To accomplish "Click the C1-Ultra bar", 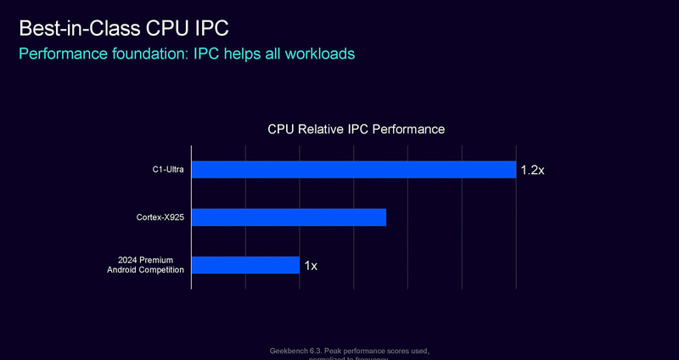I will (353, 170).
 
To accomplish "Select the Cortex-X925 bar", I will (289, 217).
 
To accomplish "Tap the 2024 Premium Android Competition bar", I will (245, 265).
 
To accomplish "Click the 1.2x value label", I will (531, 171).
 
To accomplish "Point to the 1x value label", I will (311, 266).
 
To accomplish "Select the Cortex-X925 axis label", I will (160, 217).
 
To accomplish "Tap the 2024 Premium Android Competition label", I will (151, 265).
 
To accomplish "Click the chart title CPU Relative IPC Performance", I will (356, 130).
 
